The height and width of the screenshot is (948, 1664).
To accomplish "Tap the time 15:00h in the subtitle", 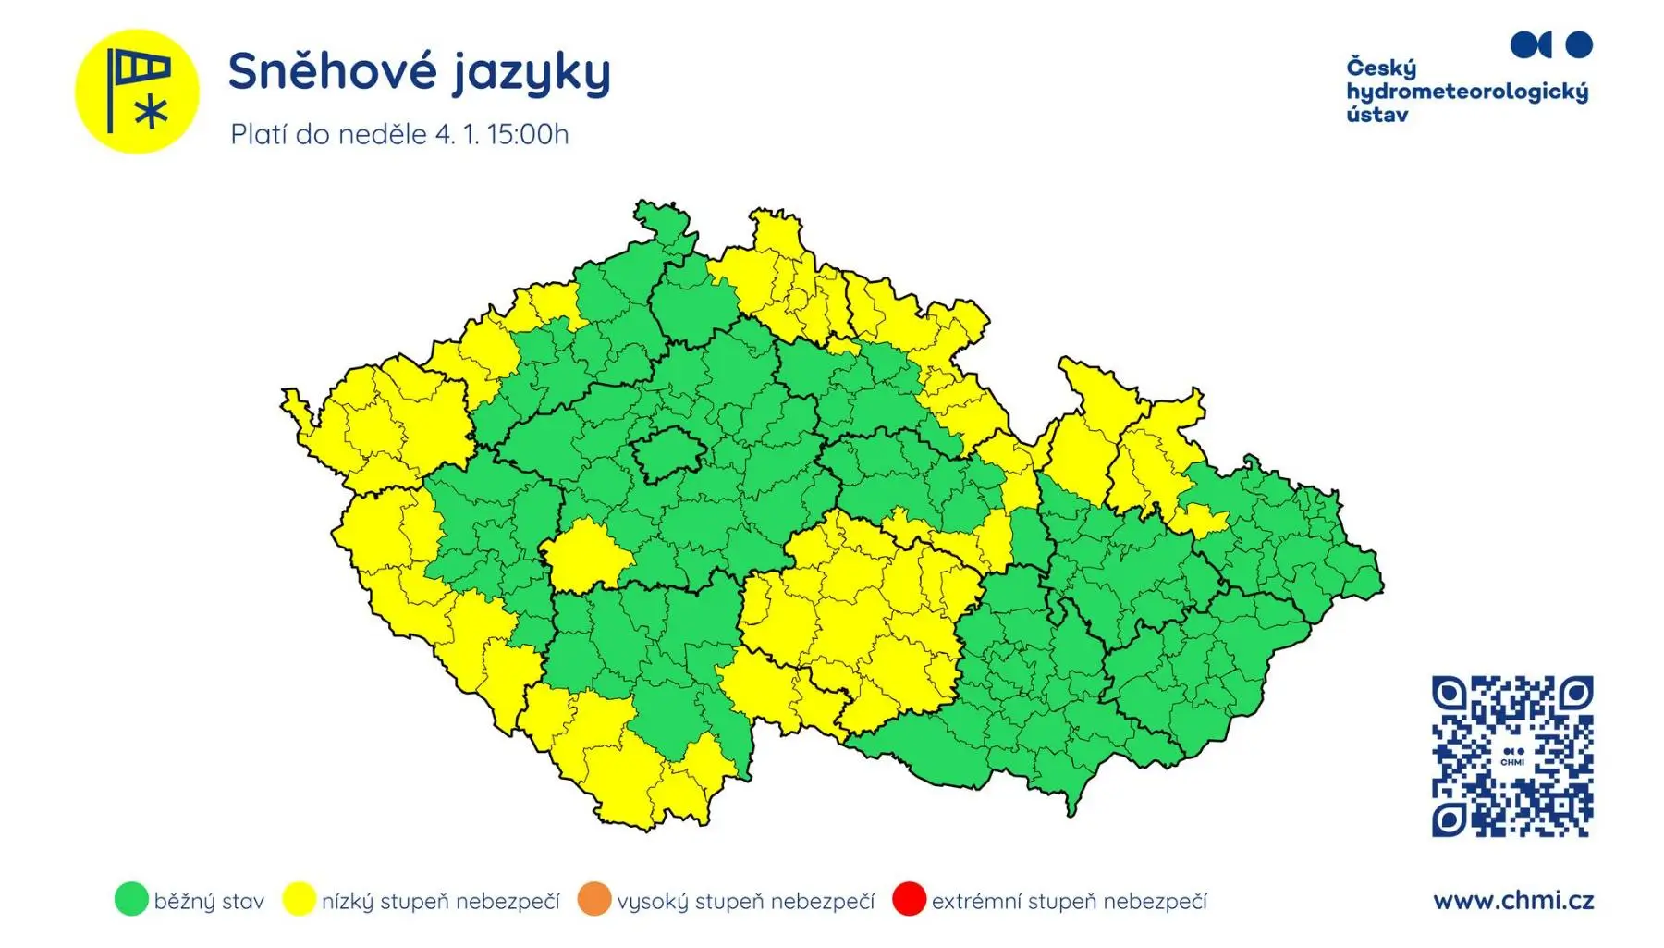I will coord(528,135).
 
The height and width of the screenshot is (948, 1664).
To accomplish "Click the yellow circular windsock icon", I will coord(137,92).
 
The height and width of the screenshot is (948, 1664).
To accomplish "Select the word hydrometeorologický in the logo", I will coord(1467,92).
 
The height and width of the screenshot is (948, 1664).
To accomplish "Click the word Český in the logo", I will coord(1381,68).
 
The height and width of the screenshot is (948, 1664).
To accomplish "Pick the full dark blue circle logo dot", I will coord(1579,44).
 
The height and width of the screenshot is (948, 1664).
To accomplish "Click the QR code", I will coord(1512,757).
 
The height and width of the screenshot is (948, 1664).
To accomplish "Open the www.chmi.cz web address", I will coord(1513,900).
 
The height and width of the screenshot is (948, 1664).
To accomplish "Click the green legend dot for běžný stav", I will coord(131,899).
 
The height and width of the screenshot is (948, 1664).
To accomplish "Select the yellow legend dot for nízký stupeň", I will coord(299,899).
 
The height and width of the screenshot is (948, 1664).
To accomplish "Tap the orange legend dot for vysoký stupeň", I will coord(594,899).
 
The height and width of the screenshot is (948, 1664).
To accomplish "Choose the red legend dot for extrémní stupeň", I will coord(909,899).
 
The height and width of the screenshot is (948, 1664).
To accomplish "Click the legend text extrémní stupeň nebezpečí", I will coord(1069,901).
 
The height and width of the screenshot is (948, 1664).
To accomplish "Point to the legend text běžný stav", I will coord(209,901).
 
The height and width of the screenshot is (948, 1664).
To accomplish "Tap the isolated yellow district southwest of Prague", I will coord(585,555).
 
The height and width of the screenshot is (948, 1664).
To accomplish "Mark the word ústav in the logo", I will coord(1377,116).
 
